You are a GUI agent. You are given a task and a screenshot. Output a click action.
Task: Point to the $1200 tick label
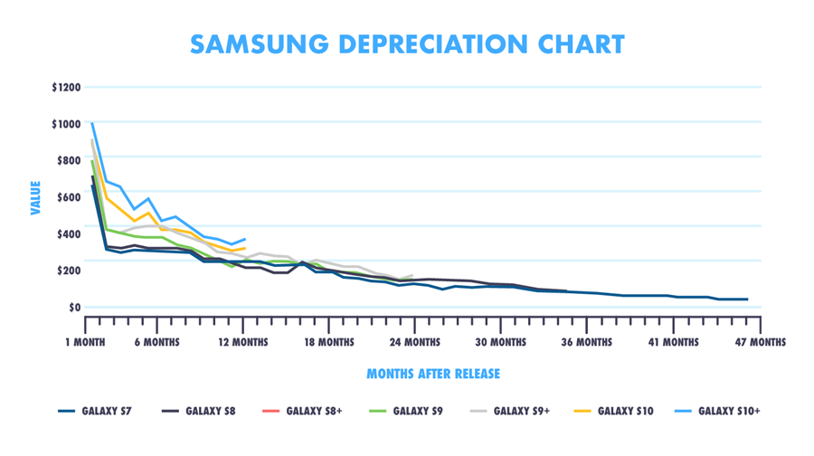click(66, 88)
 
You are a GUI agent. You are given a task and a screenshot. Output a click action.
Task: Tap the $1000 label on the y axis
click(66, 124)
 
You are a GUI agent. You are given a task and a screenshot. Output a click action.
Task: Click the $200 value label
click(69, 271)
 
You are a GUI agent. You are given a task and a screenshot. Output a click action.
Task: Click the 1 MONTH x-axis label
click(91, 342)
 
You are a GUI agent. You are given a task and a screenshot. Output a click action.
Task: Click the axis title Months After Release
click(432, 374)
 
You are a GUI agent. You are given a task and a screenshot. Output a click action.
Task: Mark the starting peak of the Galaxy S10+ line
click(92, 123)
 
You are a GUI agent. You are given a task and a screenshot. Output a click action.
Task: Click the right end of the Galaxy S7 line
click(747, 299)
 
